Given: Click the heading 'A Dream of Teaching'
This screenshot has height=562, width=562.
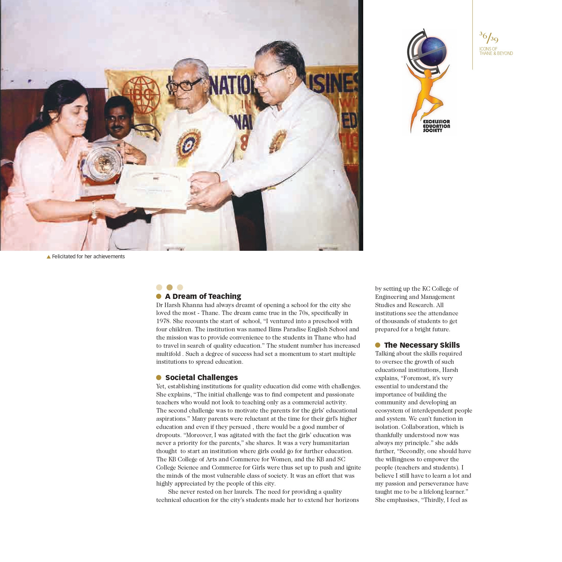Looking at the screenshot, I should click(x=203, y=296).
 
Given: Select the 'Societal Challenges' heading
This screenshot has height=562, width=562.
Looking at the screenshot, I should click(x=202, y=377).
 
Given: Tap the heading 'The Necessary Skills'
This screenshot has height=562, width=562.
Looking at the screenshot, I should click(x=422, y=345).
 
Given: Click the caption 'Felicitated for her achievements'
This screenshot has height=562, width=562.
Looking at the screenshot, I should click(x=88, y=257).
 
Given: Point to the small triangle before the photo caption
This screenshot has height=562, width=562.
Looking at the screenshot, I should click(x=48, y=257).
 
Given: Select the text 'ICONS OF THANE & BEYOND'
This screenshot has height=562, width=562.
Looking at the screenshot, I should click(x=496, y=51).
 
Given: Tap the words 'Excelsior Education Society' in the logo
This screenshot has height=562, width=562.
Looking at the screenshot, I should click(x=436, y=126).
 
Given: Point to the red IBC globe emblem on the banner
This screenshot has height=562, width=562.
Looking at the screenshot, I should click(x=141, y=95).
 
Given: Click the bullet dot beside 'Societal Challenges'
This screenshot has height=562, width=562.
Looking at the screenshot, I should click(x=159, y=377).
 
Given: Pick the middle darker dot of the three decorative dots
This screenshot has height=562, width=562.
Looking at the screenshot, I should click(x=169, y=287).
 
